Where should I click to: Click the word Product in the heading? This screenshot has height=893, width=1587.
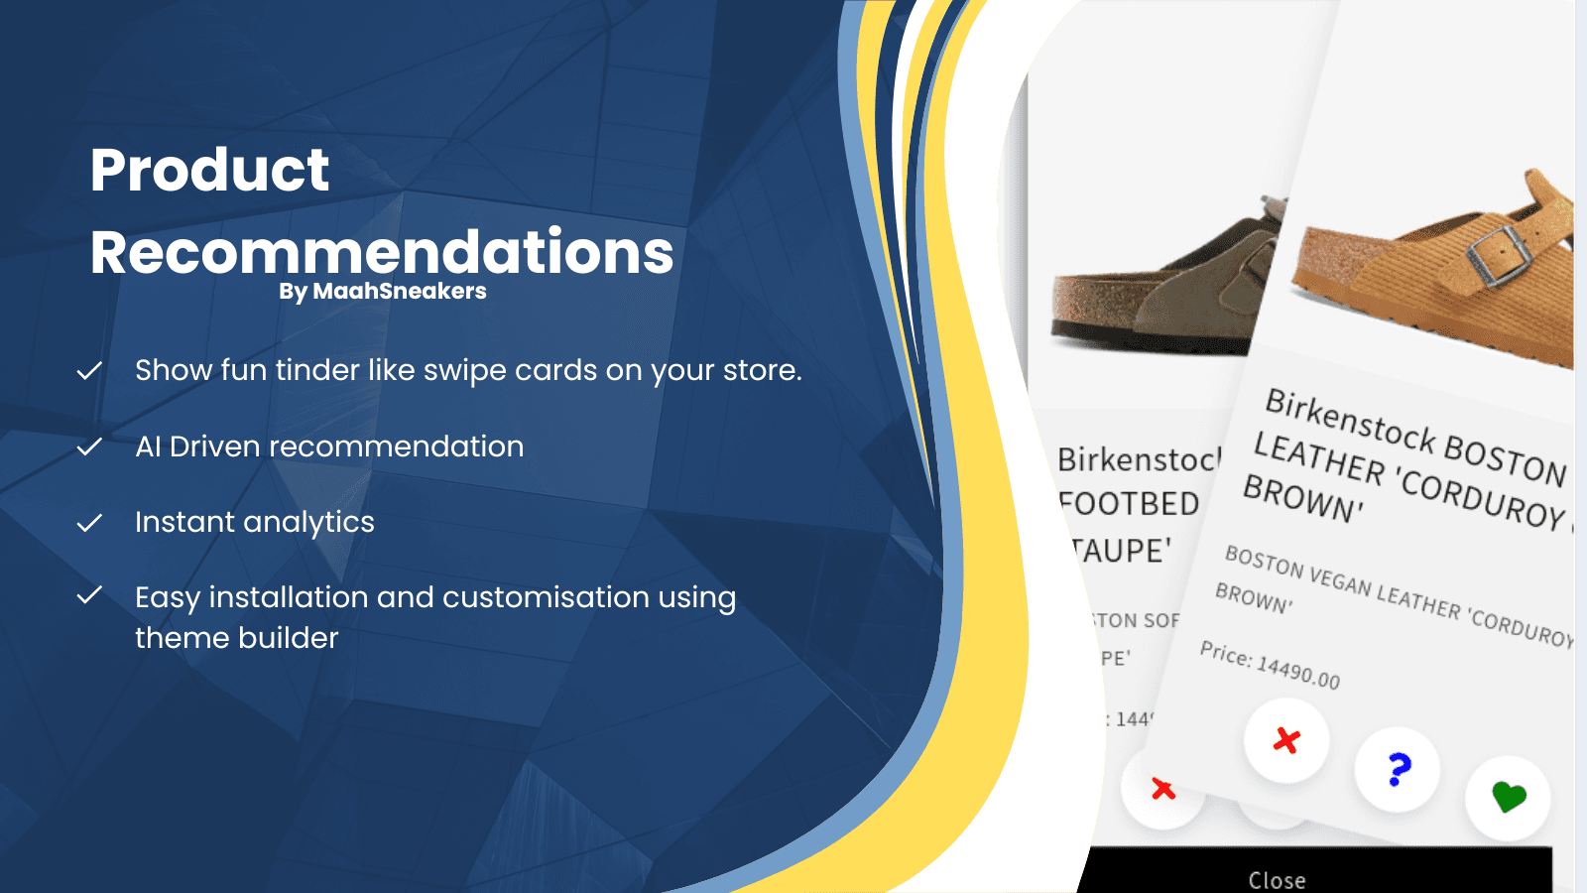209,170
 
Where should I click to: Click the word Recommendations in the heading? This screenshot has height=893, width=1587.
382,252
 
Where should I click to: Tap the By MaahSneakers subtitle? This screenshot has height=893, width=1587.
382,292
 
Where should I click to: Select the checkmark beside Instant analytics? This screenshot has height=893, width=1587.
90,523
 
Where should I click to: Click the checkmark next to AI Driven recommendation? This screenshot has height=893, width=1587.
90,447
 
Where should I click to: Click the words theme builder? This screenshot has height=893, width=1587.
236,638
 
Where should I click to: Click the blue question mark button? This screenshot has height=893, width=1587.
1399,769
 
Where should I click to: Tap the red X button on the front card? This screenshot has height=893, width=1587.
1286,740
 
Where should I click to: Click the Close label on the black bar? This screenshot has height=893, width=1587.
1277,880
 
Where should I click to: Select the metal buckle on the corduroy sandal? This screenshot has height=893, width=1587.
1498,254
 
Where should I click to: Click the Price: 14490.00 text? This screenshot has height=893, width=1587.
1270,666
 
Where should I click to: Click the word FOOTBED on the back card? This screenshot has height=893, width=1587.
1131,504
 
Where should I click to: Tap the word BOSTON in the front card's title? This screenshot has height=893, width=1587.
1504,458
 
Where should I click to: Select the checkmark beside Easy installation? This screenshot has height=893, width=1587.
90,596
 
